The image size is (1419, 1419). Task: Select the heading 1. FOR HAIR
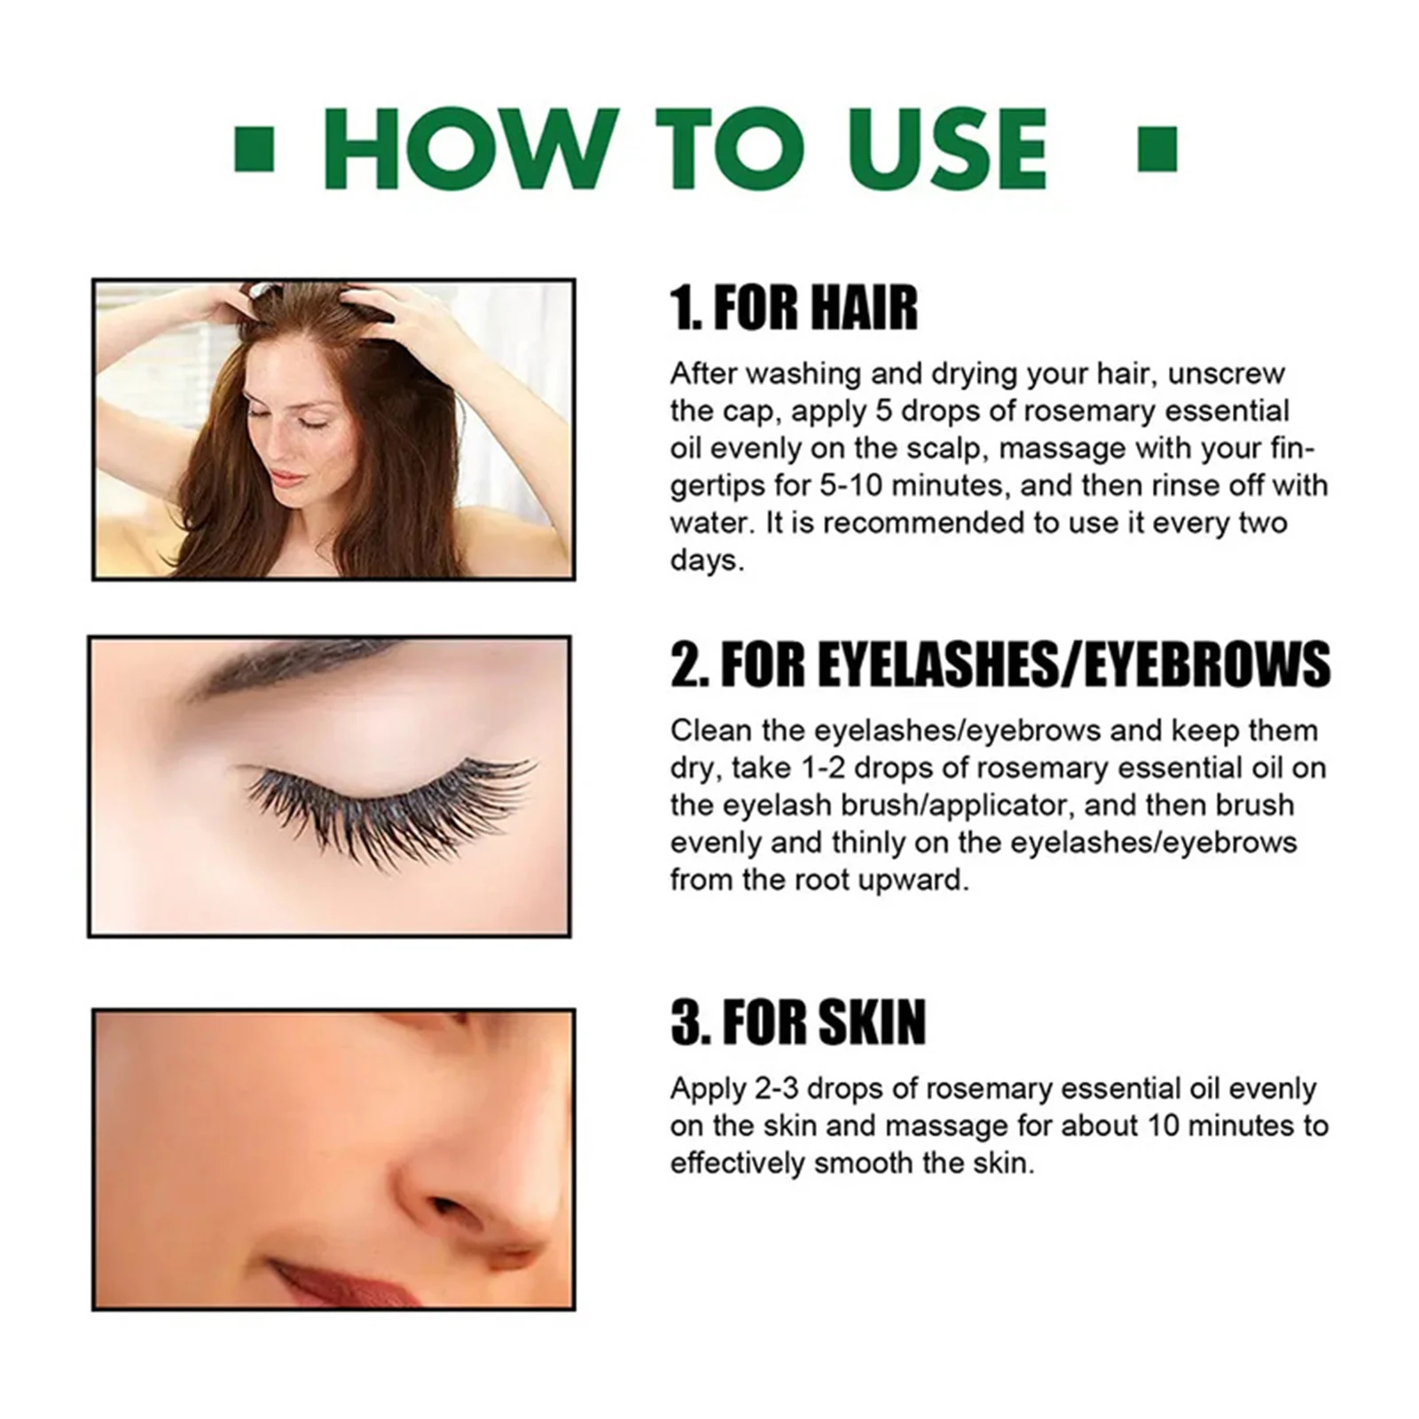pyautogui.click(x=793, y=308)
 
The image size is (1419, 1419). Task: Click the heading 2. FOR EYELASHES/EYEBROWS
pyautogui.click(x=1000, y=665)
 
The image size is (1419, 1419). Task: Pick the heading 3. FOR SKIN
pyautogui.click(x=797, y=1022)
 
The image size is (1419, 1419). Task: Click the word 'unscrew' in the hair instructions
pyautogui.click(x=1226, y=374)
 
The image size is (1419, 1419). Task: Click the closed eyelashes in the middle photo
pyautogui.click(x=390, y=803)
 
